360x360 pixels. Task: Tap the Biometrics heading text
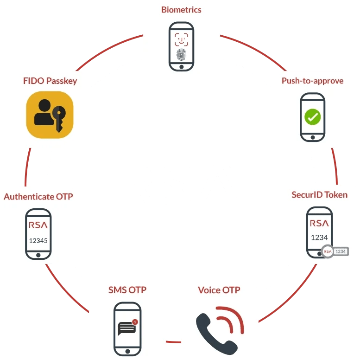point(181,9)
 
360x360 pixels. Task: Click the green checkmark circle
point(312,116)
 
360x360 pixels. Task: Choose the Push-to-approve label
point(312,81)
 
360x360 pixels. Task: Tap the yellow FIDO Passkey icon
point(50,115)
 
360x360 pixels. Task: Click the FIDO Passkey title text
point(50,81)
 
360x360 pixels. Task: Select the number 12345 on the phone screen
point(38,240)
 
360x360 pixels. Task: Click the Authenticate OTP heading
point(38,197)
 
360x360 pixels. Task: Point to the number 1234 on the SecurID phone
point(319,237)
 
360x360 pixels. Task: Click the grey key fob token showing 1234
point(335,251)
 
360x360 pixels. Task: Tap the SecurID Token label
point(319,195)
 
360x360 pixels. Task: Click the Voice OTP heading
point(219,290)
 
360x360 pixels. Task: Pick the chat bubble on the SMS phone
point(126,328)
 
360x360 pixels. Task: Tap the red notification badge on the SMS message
point(135,321)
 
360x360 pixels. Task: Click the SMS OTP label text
point(127,290)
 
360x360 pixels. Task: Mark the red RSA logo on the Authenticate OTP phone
point(38,225)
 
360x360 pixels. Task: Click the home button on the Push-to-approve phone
point(312,137)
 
